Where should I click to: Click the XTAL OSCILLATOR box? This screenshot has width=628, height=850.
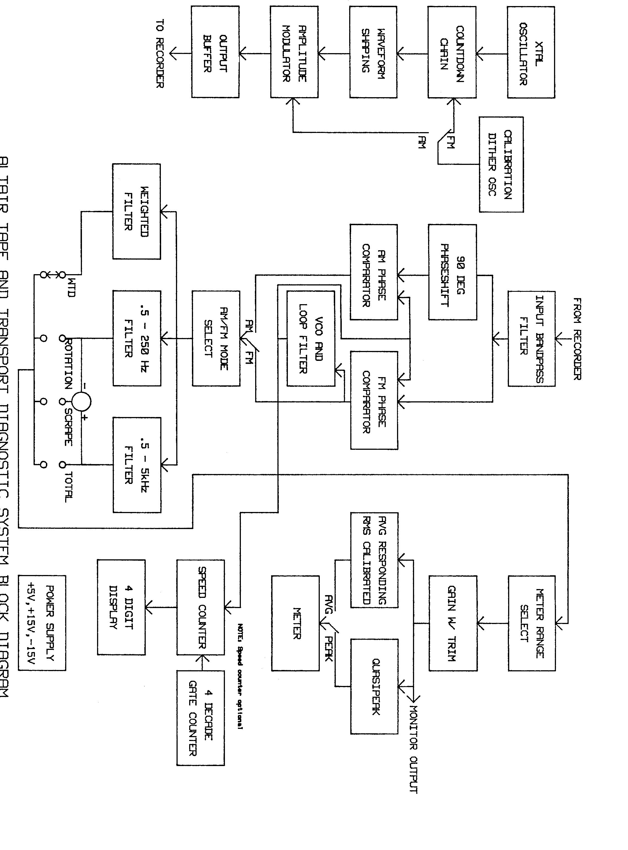point(531,53)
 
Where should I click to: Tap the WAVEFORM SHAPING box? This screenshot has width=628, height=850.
point(373,53)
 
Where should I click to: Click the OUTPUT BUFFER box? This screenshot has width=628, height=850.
point(215,53)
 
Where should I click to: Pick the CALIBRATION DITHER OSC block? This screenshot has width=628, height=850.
point(501,164)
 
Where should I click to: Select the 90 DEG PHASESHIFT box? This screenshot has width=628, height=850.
point(452,272)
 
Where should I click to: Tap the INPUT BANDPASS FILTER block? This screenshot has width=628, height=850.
point(531,339)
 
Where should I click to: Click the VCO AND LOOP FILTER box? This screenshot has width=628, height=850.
point(311,339)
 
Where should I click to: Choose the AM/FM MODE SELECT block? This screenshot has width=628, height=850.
point(216,339)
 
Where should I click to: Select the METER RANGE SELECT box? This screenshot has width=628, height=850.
point(531,623)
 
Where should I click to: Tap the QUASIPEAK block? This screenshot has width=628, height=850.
point(374,686)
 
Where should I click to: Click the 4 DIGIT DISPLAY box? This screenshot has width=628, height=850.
point(121,607)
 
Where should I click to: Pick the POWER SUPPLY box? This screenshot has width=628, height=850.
point(42,623)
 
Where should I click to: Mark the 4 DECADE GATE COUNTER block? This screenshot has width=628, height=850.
point(200,718)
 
